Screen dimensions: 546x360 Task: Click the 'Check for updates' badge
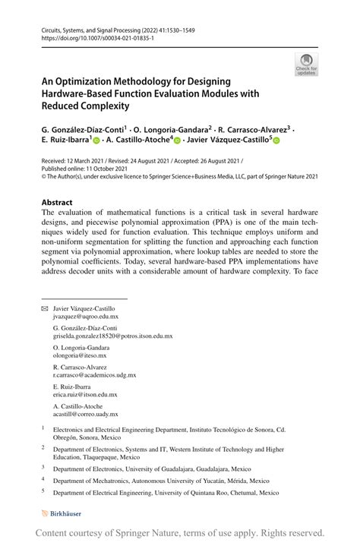click(x=306, y=65)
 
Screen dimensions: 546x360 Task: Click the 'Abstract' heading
click(x=57, y=203)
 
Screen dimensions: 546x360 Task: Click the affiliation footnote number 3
click(x=43, y=468)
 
